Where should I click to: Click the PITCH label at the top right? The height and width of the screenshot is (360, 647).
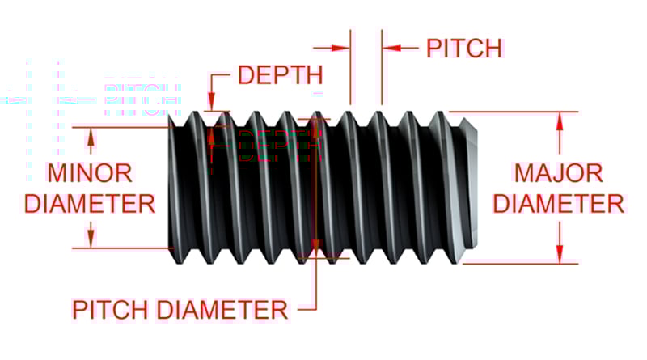[464, 48]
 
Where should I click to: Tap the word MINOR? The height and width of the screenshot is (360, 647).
[90, 173]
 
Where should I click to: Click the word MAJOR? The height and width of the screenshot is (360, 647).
[559, 173]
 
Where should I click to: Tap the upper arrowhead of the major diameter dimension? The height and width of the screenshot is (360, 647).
[559, 120]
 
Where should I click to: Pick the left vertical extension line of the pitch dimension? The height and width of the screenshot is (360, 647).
[350, 69]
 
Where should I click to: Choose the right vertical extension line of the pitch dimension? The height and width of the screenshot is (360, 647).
[382, 69]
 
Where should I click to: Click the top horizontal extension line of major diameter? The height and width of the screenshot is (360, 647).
[518, 112]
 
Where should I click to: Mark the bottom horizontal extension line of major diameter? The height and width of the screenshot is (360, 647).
[518, 263]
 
